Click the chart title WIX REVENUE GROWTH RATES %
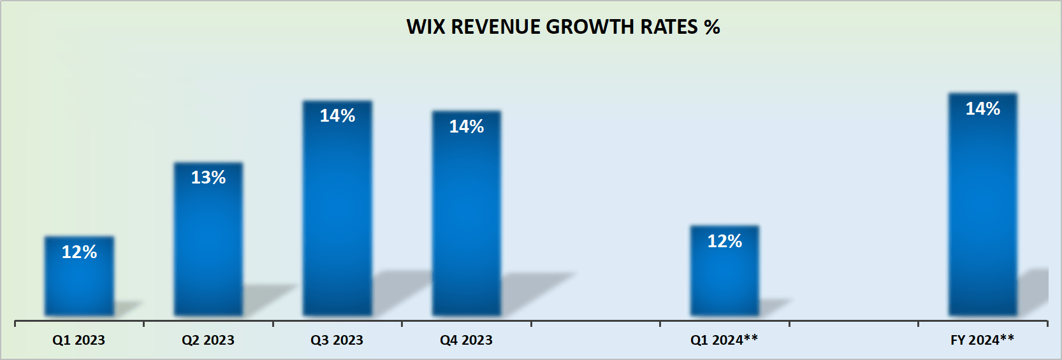[563, 27]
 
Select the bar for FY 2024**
[982, 210]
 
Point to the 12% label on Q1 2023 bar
[79, 252]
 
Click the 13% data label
[208, 178]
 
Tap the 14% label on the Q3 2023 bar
[337, 116]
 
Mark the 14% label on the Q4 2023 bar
[467, 127]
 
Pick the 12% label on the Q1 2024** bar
[725, 241]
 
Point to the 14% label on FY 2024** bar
[982, 109]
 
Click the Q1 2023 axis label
[78, 340]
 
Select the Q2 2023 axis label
[208, 340]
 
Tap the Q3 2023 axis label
[337, 340]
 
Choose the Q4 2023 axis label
[466, 340]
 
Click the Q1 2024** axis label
[724, 340]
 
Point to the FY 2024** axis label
[982, 340]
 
